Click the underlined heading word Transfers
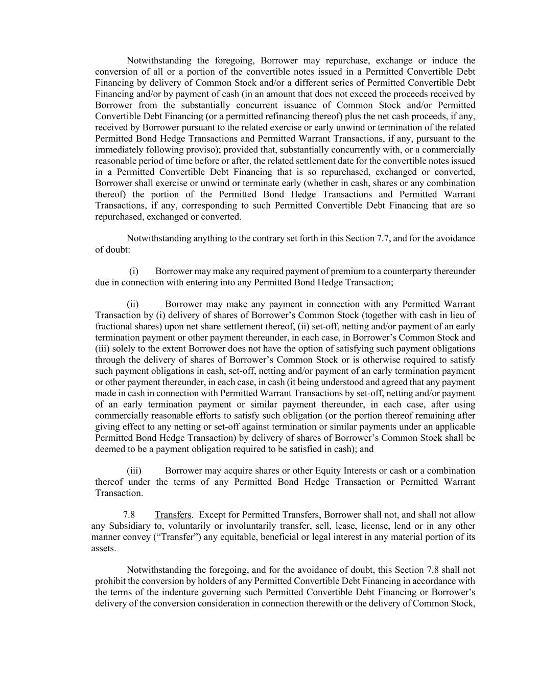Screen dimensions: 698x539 click(173, 514)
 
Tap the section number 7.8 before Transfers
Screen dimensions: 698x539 click(129, 514)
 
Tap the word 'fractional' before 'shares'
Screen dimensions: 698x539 click(113, 326)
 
